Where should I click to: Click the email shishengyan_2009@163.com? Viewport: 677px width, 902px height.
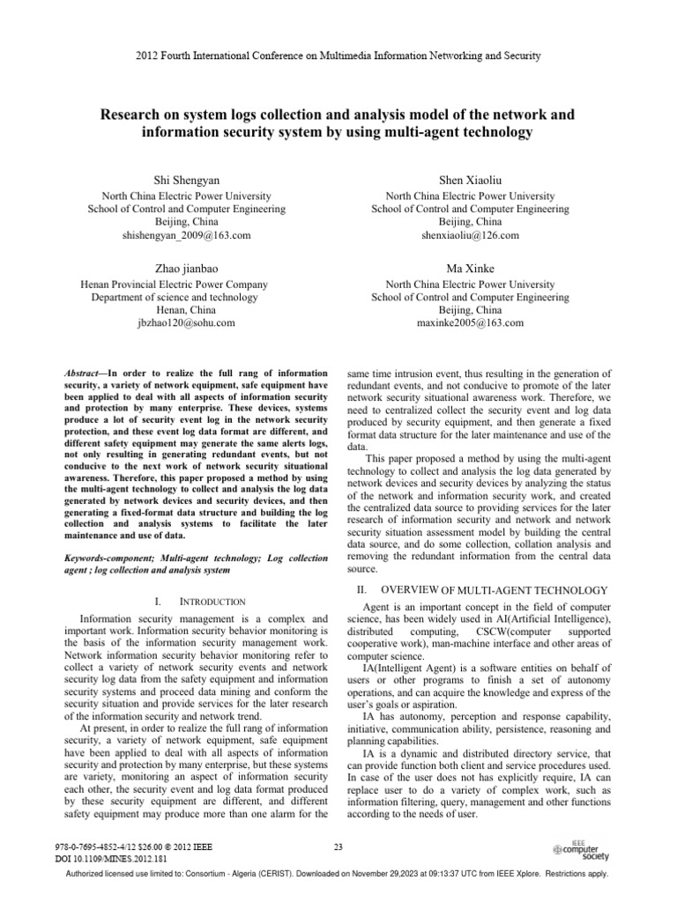(187, 236)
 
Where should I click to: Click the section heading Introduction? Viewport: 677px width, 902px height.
(212, 602)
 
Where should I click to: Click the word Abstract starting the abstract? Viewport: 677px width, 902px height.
(86, 374)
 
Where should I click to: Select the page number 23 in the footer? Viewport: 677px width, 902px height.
(338, 847)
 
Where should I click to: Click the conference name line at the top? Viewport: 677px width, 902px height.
(338, 55)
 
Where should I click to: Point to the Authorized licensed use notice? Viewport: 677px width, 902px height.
(338, 888)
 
